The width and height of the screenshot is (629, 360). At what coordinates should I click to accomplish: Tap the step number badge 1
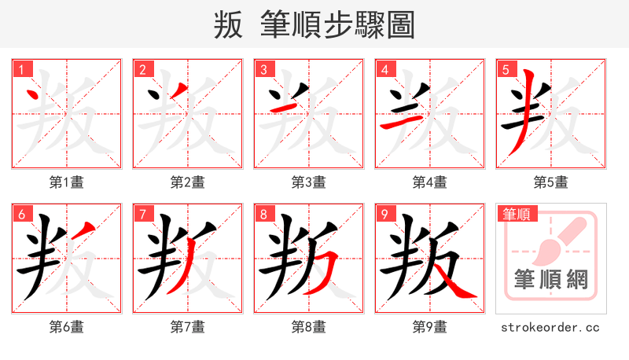[x=20, y=70]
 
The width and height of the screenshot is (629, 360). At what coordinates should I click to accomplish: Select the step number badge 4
[x=384, y=70]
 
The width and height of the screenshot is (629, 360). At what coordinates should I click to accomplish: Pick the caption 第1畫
[x=66, y=182]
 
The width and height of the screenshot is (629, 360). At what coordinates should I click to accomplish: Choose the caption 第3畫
[x=308, y=182]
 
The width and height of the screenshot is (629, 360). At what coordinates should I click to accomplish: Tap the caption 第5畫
[x=550, y=182]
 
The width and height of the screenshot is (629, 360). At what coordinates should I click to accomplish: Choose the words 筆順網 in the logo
[x=550, y=280]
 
